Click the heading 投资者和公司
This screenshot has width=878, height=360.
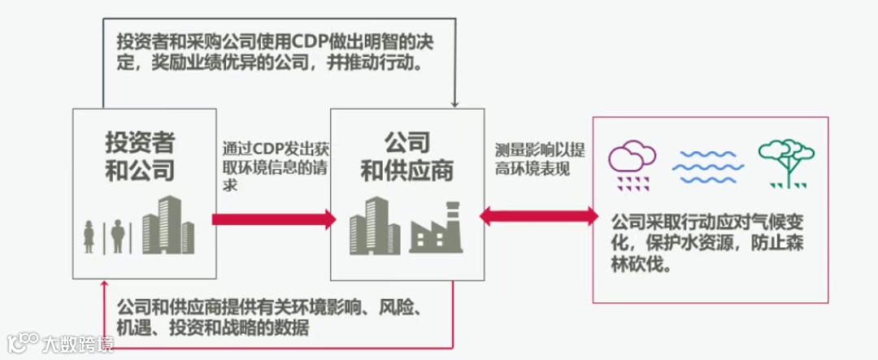140,156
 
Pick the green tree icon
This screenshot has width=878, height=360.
785,163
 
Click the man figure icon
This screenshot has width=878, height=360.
118,236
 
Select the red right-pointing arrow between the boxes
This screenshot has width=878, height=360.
273,219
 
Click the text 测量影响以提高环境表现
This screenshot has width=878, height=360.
539,159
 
